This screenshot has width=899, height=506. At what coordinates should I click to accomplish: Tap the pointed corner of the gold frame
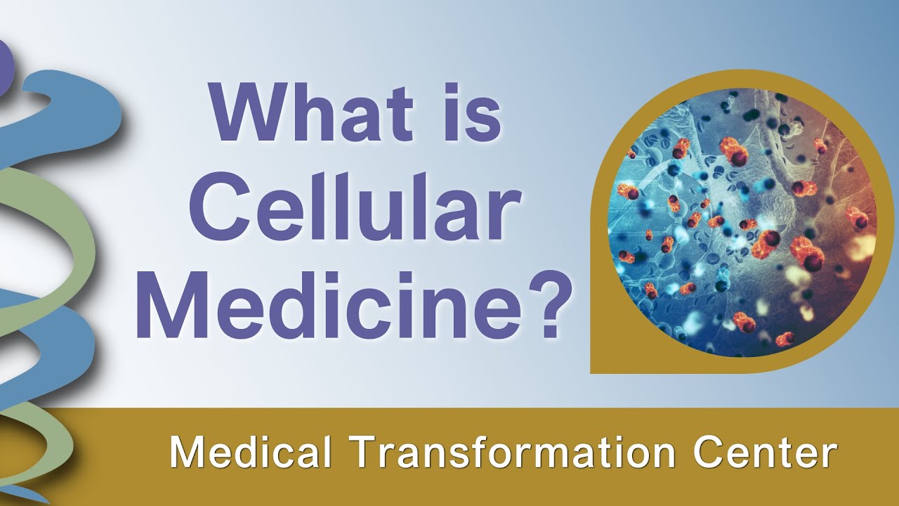pyautogui.click(x=596, y=368)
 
